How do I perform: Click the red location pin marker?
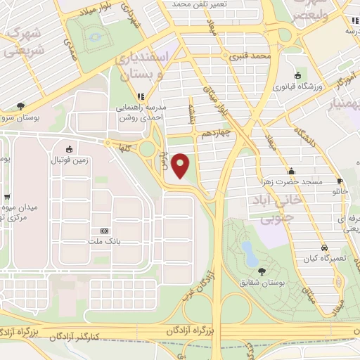point(181,165)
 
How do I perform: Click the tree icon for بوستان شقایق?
point(262,271)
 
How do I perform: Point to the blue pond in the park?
point(249,250)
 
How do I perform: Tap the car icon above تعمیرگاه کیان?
point(323,247)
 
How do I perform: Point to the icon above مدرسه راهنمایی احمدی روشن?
point(141,96)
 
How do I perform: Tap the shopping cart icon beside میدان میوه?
point(7,198)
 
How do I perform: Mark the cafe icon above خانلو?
point(340,180)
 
